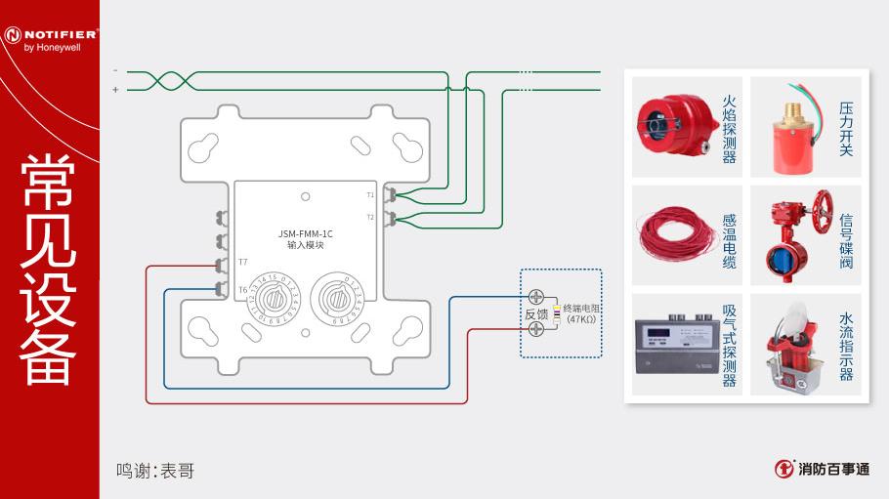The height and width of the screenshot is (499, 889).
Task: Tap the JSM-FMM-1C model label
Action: pos(306,233)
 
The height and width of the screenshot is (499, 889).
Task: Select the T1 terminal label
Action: pos(370,195)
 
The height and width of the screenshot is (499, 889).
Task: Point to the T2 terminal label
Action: pos(370,217)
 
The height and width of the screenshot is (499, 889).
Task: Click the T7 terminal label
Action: pos(242,263)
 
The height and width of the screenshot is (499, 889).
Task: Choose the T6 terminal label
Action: pos(242,289)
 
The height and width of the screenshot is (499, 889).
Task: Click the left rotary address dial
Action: pos(271,296)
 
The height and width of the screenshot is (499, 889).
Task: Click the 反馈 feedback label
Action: pos(536,313)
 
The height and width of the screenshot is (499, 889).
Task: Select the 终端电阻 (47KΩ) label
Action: pos(580,313)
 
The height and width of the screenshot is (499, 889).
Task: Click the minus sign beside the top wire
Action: pos(115,70)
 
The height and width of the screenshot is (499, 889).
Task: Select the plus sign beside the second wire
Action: pos(115,89)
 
